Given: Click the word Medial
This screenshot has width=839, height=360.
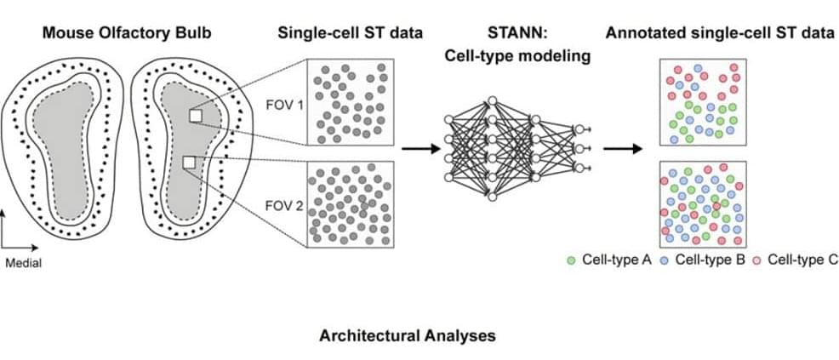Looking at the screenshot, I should coord(23,263).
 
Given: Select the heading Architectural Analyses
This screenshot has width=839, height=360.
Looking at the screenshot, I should coord(407,335).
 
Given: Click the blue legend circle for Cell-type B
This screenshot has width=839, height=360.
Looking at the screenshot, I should coord(665,260).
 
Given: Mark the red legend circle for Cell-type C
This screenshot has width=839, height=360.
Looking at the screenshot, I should coord(758,260).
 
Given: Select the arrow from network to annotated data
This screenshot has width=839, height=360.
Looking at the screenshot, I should coord(622,148).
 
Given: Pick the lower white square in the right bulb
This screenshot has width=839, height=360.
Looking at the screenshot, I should coord(189,162).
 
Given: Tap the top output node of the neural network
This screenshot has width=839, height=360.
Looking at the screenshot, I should coord(579,129).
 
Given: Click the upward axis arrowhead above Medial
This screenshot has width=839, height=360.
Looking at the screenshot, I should coord(6,218).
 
